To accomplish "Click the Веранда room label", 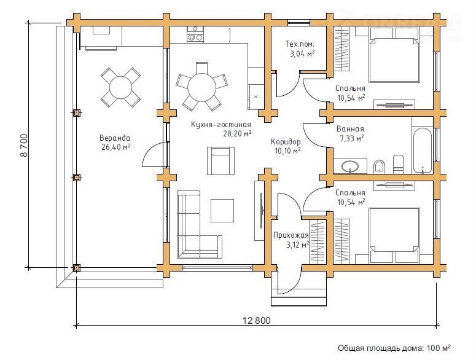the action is [x=115, y=138].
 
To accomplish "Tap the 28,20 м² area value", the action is [x=238, y=133].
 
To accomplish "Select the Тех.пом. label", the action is [x=300, y=44].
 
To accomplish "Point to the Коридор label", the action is [x=286, y=141].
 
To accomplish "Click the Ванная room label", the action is [x=350, y=129].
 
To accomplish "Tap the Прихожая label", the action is [x=291, y=235].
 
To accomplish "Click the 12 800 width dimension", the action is [x=256, y=320].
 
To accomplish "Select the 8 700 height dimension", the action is [x=24, y=145].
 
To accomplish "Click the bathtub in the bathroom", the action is [x=423, y=151].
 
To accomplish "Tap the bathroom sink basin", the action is [x=350, y=166].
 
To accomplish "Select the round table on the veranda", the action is [x=121, y=87].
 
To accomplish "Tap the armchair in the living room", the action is [x=220, y=161].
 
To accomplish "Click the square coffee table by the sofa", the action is [x=222, y=210].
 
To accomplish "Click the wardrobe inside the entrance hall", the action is [x=318, y=240].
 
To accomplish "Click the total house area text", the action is [x=394, y=348].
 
